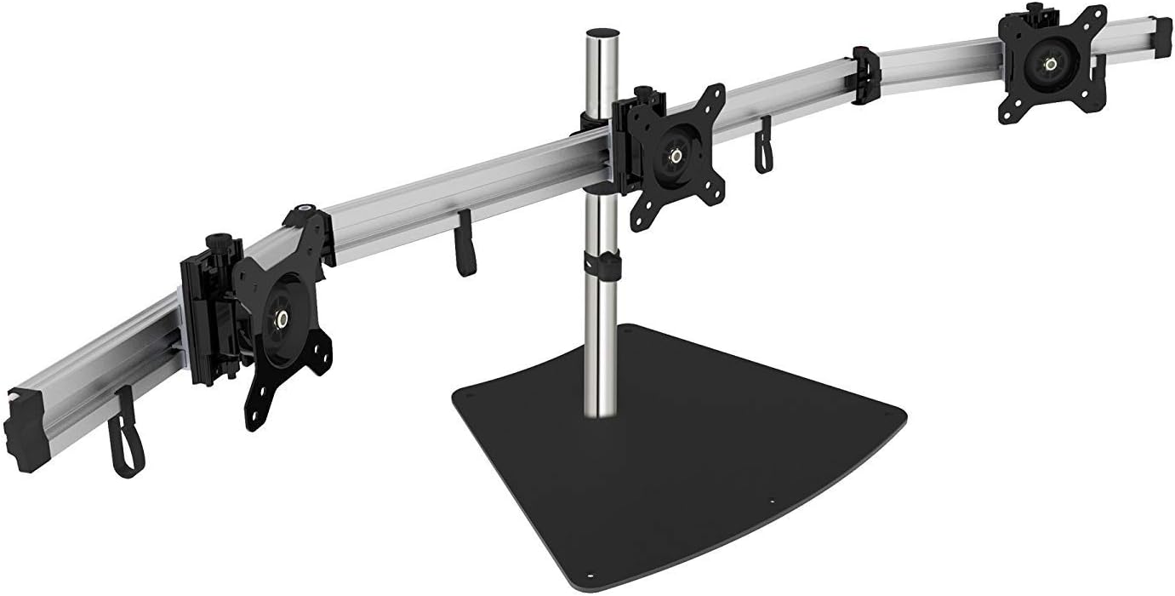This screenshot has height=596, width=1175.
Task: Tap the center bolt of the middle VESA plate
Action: coord(676,156)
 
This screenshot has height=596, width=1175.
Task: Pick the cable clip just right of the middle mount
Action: coord(763,146)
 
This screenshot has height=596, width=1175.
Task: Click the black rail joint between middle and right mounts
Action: coord(865,76)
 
